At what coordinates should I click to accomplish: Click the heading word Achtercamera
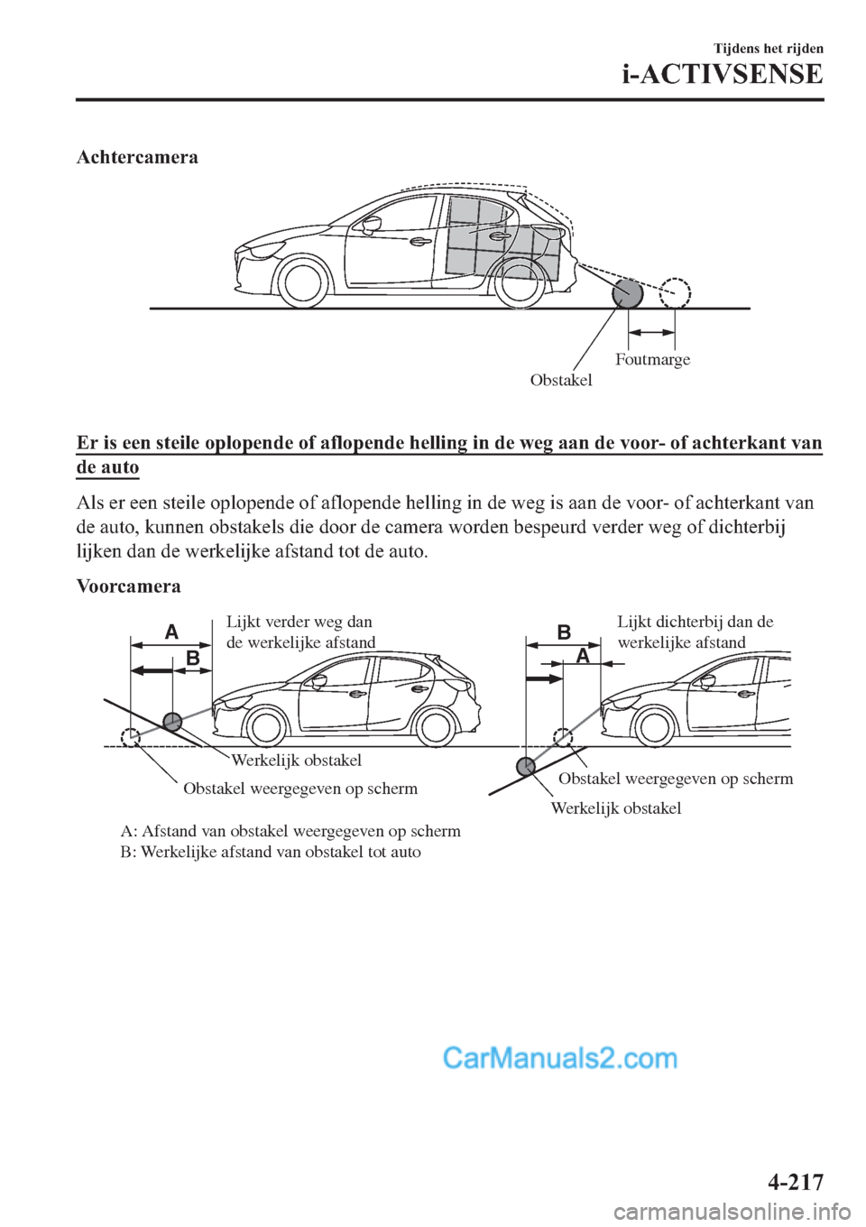tap(137, 157)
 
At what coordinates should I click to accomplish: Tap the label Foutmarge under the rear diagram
tap(652, 359)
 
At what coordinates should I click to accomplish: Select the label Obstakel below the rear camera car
tap(561, 380)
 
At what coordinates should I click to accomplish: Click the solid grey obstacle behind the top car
tap(627, 293)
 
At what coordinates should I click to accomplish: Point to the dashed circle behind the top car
tap(674, 292)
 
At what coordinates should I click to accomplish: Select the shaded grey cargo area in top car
tap(505, 239)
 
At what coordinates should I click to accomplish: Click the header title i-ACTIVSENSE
tap(723, 74)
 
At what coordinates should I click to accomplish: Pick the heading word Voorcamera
tap(128, 586)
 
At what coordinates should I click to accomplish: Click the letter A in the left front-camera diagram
tap(171, 632)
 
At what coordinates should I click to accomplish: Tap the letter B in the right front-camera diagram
tap(564, 632)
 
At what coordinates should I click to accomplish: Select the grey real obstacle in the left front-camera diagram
tap(172, 721)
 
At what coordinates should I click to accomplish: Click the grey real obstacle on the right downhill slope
tap(524, 767)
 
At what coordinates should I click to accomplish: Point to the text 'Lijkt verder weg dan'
tap(299, 622)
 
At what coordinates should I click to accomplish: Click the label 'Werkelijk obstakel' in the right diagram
tap(615, 808)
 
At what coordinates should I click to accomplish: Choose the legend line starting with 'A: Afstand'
tap(290, 831)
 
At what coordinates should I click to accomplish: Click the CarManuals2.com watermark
tap(559, 1057)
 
